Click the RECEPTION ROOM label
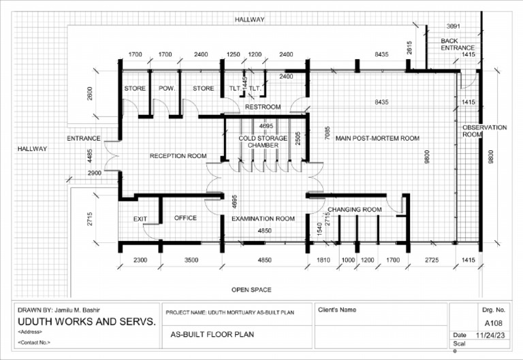pyautogui.click(x=178, y=156)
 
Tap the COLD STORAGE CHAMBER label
pyautogui.click(x=263, y=142)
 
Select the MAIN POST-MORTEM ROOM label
pyautogui.click(x=377, y=138)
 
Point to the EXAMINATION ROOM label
pyautogui.click(x=263, y=218)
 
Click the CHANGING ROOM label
pyautogui.click(x=355, y=210)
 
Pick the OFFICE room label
pyautogui.click(x=185, y=218)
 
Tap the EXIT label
pyautogui.click(x=140, y=218)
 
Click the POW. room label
pyautogui.click(x=167, y=88)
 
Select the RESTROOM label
pyautogui.click(x=263, y=107)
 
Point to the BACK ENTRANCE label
pyautogui.click(x=458, y=44)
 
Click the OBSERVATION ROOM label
pyautogui.click(x=484, y=131)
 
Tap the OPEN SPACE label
pyautogui.click(x=251, y=290)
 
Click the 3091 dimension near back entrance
pyautogui.click(x=454, y=26)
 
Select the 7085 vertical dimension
pyautogui.click(x=327, y=133)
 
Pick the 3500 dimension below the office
pyautogui.click(x=191, y=260)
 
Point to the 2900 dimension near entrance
pyautogui.click(x=95, y=173)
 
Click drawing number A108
pyautogui.click(x=494, y=323)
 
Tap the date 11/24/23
pyautogui.click(x=490, y=335)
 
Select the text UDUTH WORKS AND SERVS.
pyautogui.click(x=86, y=322)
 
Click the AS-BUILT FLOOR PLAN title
pyautogui.click(x=212, y=334)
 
